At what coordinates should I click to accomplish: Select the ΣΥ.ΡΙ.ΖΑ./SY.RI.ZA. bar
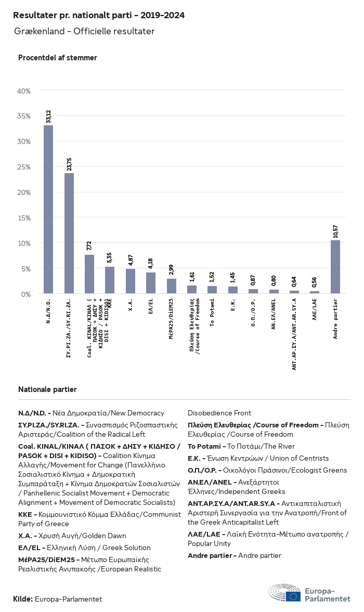[69, 233]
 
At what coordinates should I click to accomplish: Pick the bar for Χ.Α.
[130, 281]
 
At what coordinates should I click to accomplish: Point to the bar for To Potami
[212, 290]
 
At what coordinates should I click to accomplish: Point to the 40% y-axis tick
[24, 91]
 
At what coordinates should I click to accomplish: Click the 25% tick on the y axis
[24, 167]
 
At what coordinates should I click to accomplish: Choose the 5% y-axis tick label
[25, 269]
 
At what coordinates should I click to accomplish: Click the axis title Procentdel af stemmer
[57, 58]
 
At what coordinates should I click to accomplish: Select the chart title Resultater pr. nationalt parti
[99, 16]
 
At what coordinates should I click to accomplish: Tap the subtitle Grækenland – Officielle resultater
[84, 32]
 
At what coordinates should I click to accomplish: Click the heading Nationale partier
[47, 389]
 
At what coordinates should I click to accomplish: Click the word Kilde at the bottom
[23, 599]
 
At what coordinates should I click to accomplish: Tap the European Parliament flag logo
[293, 596]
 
